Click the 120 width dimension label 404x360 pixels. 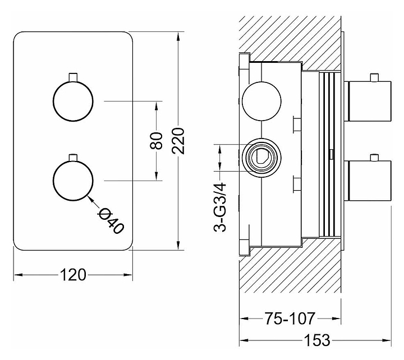click(x=74, y=275)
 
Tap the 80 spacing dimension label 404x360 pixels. click(x=157, y=140)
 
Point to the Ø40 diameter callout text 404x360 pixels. click(x=110, y=220)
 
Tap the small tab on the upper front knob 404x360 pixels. click(x=72, y=77)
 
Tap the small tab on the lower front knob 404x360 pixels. click(x=72, y=157)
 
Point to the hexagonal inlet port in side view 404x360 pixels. click(x=261, y=157)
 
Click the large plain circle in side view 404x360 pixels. click(x=261, y=101)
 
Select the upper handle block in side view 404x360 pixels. click(x=368, y=101)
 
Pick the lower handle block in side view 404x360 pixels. click(x=368, y=181)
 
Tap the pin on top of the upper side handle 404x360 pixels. click(x=374, y=77)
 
